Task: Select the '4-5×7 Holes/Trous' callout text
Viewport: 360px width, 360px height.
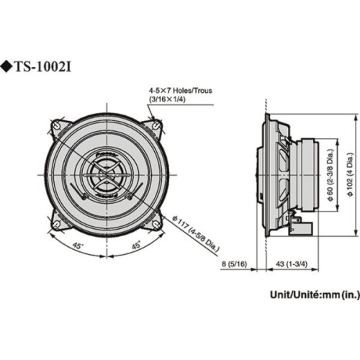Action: tap(180, 91)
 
